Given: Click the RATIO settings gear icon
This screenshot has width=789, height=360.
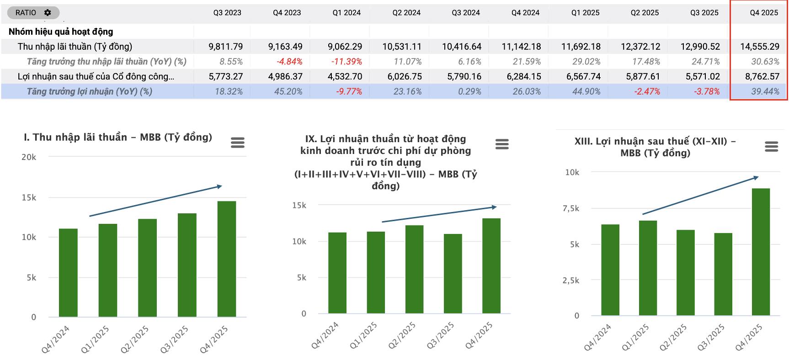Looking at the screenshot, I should coord(48,13).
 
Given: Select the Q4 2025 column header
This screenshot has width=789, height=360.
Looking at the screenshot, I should coord(763,13).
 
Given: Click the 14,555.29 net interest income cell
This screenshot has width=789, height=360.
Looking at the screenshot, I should coord(760,47).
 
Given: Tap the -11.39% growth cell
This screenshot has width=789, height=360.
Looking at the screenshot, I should coord(346,62).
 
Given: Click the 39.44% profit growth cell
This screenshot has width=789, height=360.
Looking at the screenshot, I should coord(765,91).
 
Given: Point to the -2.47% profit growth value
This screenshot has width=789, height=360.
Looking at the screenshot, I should coord(647,91).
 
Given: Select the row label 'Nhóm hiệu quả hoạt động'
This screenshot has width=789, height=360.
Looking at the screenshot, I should coord(61,32).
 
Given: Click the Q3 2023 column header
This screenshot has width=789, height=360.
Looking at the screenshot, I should coord(227,13).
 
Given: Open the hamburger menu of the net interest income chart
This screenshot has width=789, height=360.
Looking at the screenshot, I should coord(238,143).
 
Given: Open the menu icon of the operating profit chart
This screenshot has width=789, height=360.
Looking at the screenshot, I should coord(502,144).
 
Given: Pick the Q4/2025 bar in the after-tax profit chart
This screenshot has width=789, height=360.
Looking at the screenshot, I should coord(761,251).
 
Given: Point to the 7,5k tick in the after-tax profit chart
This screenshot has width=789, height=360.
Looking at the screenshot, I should coord(571,209).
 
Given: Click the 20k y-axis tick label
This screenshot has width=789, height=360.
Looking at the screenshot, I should coord(29,157).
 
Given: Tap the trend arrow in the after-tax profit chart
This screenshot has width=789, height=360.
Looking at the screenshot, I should coord(699,196).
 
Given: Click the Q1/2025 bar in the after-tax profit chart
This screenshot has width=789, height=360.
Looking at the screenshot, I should coord(648,268).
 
